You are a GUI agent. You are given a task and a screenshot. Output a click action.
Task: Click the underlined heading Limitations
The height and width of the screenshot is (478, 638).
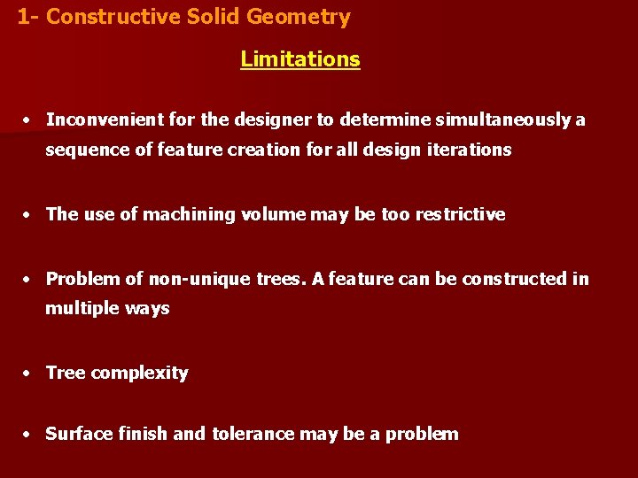(300, 59)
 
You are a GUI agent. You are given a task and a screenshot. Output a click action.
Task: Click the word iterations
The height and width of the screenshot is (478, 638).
(471, 150)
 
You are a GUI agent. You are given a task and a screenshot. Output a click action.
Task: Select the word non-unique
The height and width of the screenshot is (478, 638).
(198, 279)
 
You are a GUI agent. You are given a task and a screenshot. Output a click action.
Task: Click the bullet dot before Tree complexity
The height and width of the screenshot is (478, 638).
(29, 374)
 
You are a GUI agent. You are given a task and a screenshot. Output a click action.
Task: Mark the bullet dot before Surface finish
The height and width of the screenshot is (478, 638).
(29, 435)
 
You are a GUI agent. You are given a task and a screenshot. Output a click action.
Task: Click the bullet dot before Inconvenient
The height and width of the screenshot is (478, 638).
(29, 120)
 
